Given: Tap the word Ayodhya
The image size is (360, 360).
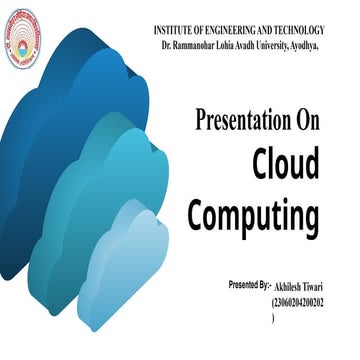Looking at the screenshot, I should [333, 47].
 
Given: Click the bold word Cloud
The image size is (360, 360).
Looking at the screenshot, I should [284, 164].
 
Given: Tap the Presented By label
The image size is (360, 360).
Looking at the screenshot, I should [249, 285].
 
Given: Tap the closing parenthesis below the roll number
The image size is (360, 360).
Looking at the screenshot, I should [272, 315].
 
